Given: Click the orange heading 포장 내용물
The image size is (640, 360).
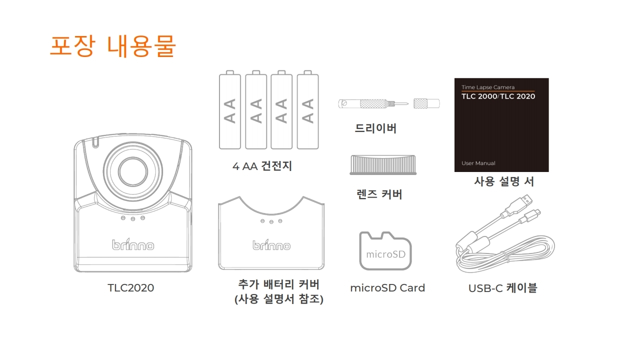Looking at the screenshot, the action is [113, 46].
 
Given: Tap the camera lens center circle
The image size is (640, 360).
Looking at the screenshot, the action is [133, 171].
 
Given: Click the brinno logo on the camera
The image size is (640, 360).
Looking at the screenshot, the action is [133, 244].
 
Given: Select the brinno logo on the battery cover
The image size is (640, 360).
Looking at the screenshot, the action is [271, 245].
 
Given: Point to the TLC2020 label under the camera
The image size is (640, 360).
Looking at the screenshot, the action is [130, 288].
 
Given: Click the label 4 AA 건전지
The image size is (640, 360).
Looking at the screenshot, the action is [262, 166].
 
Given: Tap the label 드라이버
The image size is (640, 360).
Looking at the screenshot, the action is [375, 128].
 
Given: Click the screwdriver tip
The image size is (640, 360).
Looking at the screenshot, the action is [407, 103].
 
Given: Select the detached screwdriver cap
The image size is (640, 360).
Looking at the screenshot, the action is [426, 103].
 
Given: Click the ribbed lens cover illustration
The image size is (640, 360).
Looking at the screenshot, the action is [383, 165].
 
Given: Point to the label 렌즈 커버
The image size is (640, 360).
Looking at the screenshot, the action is [379, 194].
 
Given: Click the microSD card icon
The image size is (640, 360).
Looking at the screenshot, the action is [385, 251].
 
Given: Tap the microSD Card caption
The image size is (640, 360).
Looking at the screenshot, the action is [387, 288].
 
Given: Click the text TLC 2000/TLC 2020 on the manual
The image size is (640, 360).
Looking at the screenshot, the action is [498, 96].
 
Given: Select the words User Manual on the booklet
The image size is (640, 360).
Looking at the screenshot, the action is [478, 163].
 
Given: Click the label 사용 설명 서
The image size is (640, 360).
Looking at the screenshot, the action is [503, 181].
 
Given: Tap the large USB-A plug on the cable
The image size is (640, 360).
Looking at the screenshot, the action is [520, 205].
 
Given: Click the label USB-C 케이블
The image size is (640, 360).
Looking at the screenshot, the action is [503, 288].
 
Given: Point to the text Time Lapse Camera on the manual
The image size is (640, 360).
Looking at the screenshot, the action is [488, 87].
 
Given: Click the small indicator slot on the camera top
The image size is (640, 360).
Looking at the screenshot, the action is [95, 143].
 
